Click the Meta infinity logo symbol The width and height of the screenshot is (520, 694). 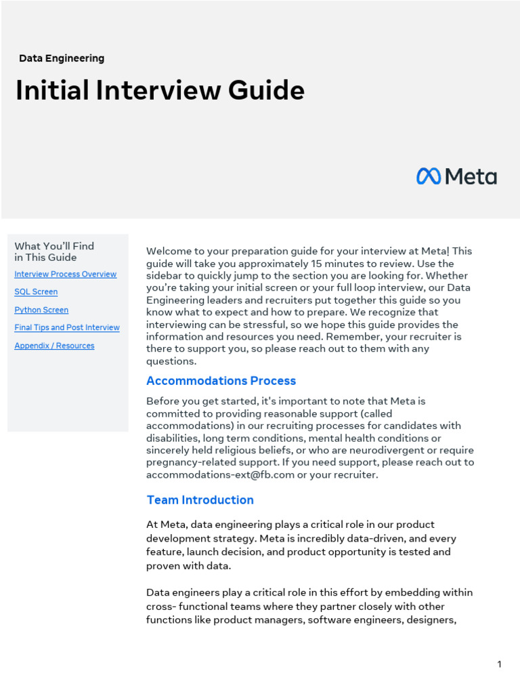(x=429, y=177)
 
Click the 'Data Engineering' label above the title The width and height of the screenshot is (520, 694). (x=62, y=58)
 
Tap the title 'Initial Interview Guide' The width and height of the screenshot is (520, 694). (x=160, y=90)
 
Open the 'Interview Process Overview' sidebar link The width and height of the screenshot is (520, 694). (x=65, y=274)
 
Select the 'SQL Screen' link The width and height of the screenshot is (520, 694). (x=36, y=292)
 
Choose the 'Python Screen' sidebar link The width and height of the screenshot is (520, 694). (x=41, y=310)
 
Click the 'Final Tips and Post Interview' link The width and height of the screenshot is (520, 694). (x=67, y=328)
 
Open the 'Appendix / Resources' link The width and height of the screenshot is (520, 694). (x=54, y=346)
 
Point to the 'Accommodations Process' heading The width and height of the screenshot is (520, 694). (x=221, y=381)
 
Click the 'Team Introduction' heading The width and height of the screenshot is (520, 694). (x=200, y=500)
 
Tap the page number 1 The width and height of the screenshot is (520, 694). (x=500, y=664)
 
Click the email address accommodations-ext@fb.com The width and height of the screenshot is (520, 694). (x=221, y=475)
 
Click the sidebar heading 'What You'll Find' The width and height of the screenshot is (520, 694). (x=54, y=246)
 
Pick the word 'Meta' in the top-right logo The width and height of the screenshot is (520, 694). (x=471, y=177)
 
